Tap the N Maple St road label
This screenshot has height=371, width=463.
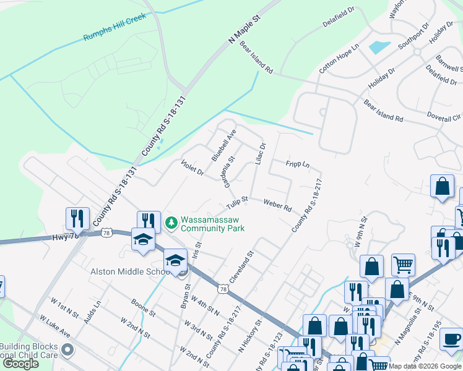(246, 28)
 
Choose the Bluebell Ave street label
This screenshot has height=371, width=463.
(224, 145)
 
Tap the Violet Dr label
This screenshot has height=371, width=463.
(192, 167)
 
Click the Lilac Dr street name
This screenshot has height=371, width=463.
(260, 154)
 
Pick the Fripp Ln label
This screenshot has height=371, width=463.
(297, 164)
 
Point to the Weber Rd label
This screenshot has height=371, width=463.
(277, 205)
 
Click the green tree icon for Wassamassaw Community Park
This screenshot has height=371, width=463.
(171, 221)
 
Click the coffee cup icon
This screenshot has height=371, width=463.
(451, 339)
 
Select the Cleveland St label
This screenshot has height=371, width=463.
(242, 267)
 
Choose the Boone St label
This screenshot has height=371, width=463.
(143, 307)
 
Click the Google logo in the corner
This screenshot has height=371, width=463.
(20, 364)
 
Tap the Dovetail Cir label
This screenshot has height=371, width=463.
(444, 116)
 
